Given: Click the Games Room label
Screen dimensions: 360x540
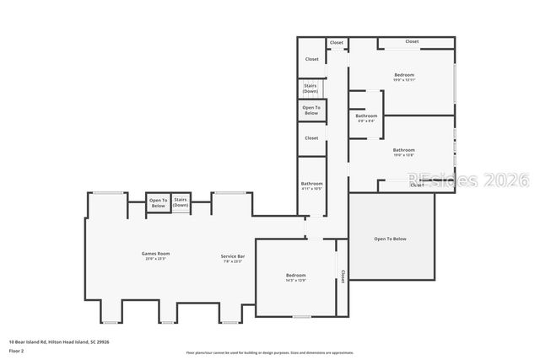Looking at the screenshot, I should click(x=156, y=253).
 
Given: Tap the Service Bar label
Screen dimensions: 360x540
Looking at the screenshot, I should click(x=233, y=255).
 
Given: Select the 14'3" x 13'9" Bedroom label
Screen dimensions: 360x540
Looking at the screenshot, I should click(x=295, y=276).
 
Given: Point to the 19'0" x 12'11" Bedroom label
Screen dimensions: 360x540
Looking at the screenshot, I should click(x=404, y=75).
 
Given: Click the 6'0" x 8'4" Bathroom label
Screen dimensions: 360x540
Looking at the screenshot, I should click(x=366, y=116).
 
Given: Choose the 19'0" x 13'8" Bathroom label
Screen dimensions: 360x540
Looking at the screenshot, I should click(x=404, y=150).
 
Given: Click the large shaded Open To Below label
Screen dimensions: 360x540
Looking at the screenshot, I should click(x=390, y=239).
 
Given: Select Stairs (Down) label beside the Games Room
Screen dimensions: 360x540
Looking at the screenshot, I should click(x=181, y=202).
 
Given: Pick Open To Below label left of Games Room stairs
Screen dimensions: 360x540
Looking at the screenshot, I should click(x=158, y=202).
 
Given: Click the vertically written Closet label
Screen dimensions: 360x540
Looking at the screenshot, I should click(x=343, y=276).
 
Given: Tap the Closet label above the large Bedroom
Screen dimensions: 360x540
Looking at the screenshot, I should click(x=412, y=41).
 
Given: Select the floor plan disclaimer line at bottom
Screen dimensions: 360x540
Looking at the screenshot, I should click(x=269, y=352).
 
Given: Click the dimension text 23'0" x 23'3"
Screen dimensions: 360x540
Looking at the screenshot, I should click(x=156, y=259).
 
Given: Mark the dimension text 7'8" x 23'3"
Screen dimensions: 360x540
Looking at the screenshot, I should click(x=233, y=261).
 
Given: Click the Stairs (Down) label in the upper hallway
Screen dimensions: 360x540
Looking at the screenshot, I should click(x=310, y=88).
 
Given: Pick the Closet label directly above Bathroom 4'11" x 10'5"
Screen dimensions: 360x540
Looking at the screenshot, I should click(x=311, y=137).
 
